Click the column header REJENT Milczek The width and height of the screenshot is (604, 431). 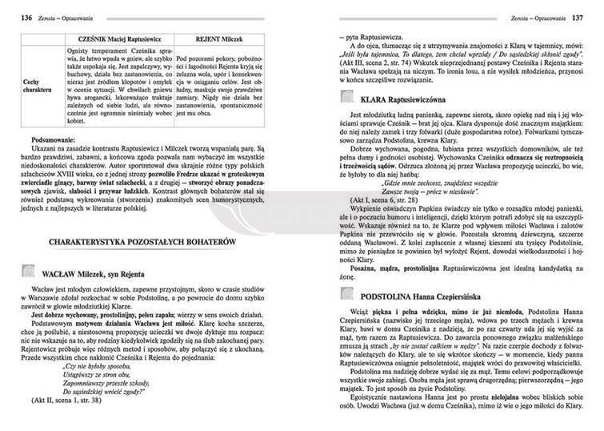coord(210,37)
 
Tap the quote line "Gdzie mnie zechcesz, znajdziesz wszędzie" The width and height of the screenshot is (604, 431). coord(457,197)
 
